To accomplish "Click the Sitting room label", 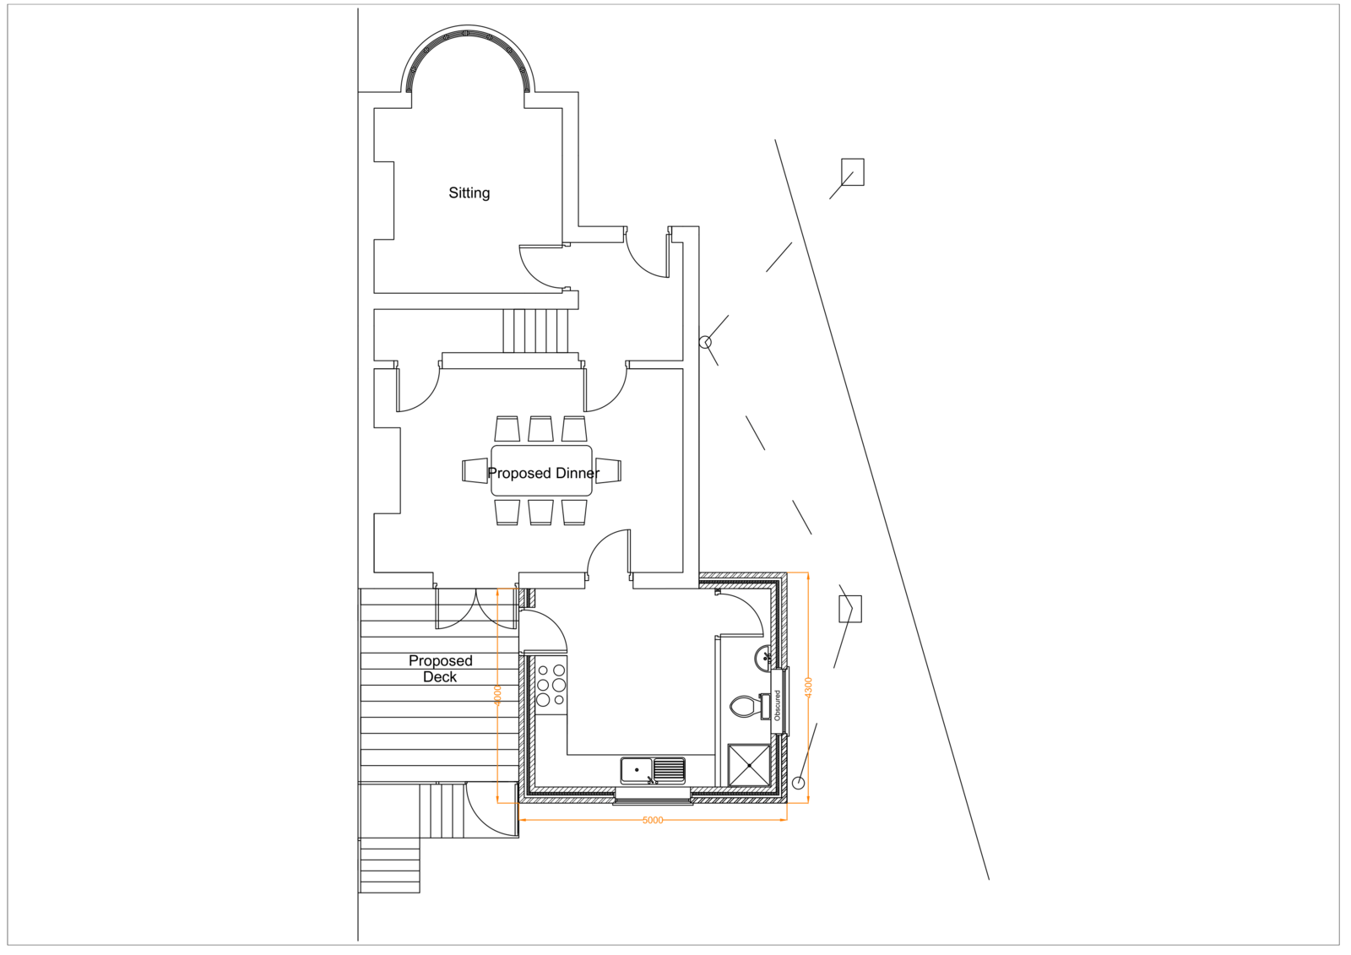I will click(x=469, y=193).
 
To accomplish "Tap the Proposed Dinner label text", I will click(x=543, y=473).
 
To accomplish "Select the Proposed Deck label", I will click(x=440, y=668).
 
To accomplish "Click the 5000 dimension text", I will click(x=653, y=820).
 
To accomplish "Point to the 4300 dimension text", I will click(x=808, y=686).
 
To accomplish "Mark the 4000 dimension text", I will click(x=497, y=695).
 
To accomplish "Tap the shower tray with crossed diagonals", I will click(x=749, y=765).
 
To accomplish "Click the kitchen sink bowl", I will click(x=637, y=770).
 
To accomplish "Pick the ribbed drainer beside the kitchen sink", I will click(x=669, y=769).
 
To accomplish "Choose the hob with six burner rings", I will click(x=551, y=685).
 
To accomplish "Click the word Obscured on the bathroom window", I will click(x=778, y=705).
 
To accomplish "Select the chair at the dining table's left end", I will click(x=475, y=470).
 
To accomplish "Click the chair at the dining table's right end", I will click(x=608, y=470).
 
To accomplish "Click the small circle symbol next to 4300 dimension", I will click(x=798, y=783).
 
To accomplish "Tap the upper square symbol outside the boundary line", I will click(x=853, y=171).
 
